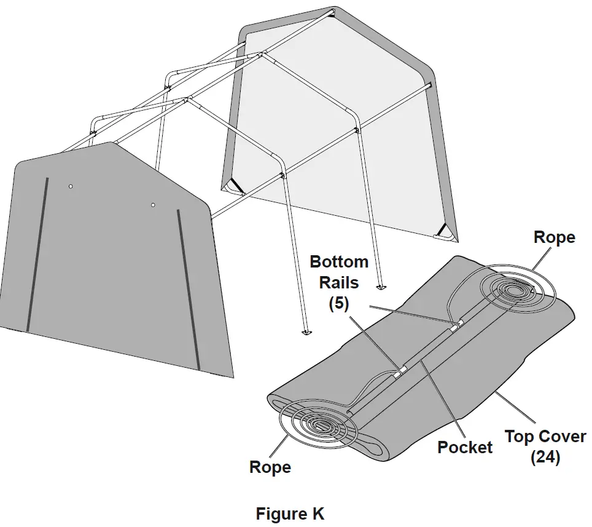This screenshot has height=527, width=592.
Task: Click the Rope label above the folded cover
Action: [554, 237]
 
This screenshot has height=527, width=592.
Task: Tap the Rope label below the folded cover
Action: [270, 467]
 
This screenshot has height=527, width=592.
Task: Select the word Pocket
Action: [464, 447]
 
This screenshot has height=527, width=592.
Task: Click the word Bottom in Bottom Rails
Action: [339, 261]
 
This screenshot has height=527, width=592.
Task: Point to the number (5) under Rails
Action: [338, 304]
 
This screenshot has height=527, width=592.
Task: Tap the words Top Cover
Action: [545, 437]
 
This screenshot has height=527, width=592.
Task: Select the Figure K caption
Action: [290, 513]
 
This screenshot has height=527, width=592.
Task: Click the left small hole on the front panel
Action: [71, 186]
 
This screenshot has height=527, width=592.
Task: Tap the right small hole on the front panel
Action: [153, 205]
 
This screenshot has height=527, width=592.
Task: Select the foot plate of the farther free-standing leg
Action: [380, 286]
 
